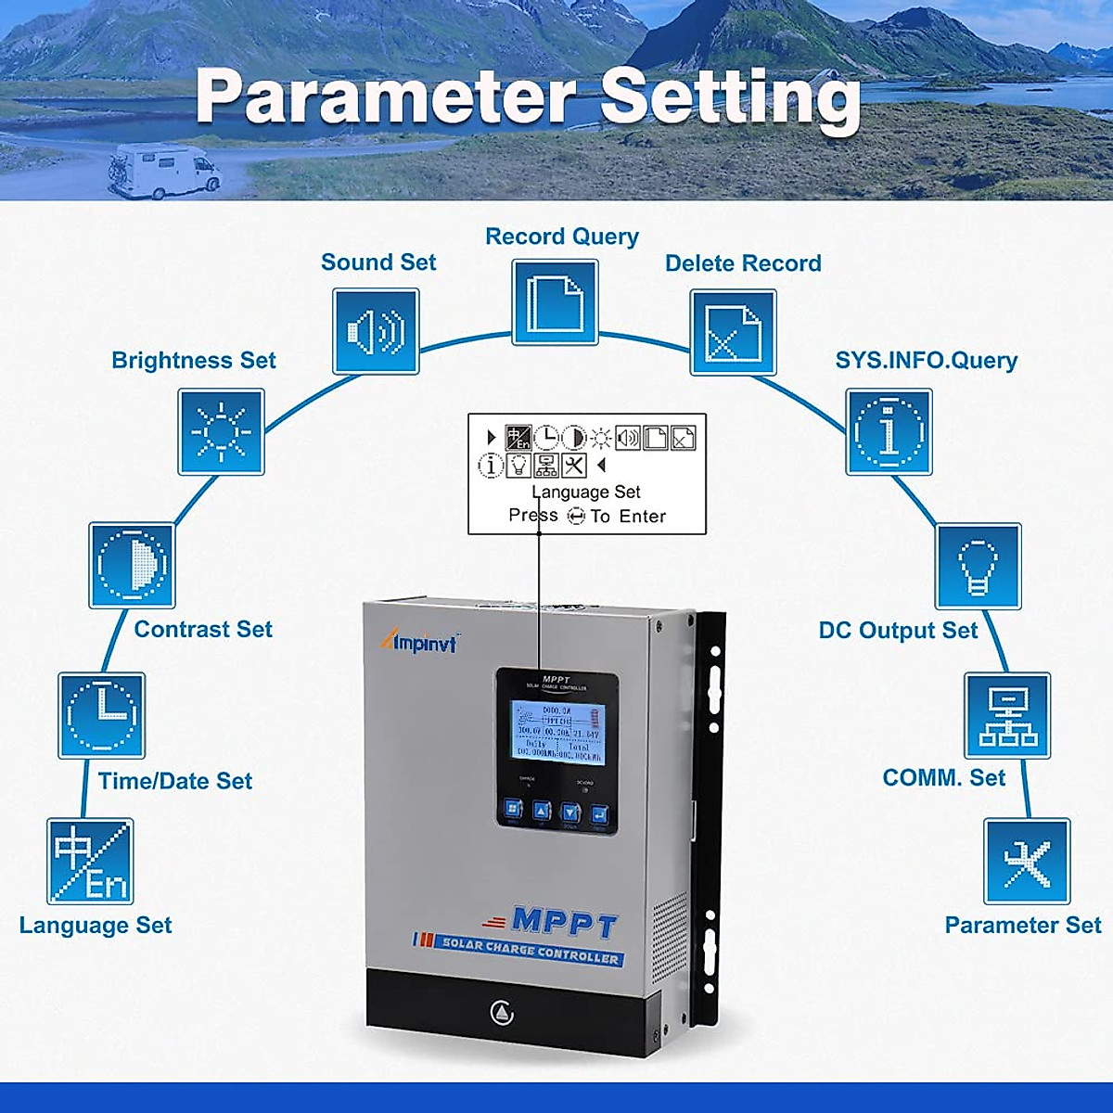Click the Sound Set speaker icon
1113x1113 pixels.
[376, 331]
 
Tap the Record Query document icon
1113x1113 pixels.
[556, 301]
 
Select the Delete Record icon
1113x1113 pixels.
[733, 332]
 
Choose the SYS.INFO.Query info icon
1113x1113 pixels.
[889, 431]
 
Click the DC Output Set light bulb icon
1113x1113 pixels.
[979, 566]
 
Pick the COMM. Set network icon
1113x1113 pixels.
[1007, 715]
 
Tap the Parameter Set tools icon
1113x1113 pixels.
[1027, 861]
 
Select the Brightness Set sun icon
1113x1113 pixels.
[222, 431]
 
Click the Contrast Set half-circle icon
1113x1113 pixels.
[132, 565]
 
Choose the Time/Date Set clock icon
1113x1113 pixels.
[102, 715]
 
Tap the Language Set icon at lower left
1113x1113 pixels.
[90, 861]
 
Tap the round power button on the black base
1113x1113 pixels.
[502, 1012]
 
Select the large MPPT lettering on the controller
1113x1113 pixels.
[564, 922]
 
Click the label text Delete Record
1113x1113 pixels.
[743, 263]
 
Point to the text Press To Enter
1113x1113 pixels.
[587, 516]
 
